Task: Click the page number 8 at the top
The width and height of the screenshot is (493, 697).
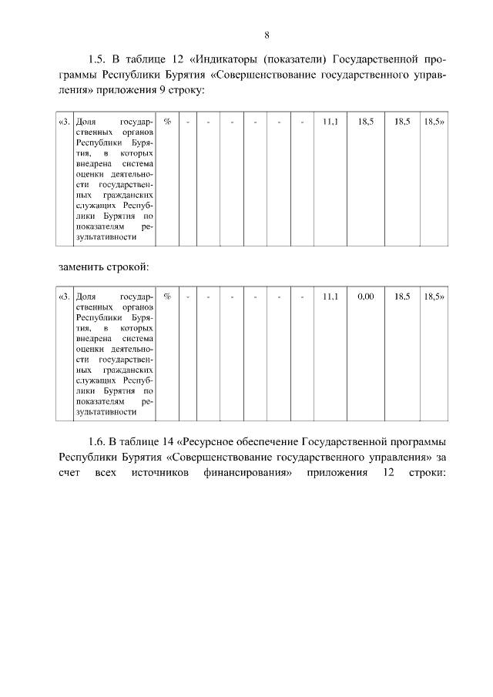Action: point(266,35)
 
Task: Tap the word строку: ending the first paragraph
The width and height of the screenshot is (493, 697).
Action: point(183,91)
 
